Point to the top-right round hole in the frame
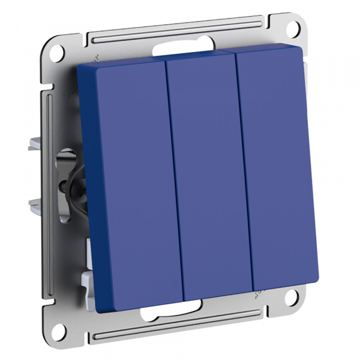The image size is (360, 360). pyautogui.click(x=298, y=28)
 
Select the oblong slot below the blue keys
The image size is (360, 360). pyautogui.click(x=171, y=312)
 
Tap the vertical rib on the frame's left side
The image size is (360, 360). pyautogui.click(x=47, y=180)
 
